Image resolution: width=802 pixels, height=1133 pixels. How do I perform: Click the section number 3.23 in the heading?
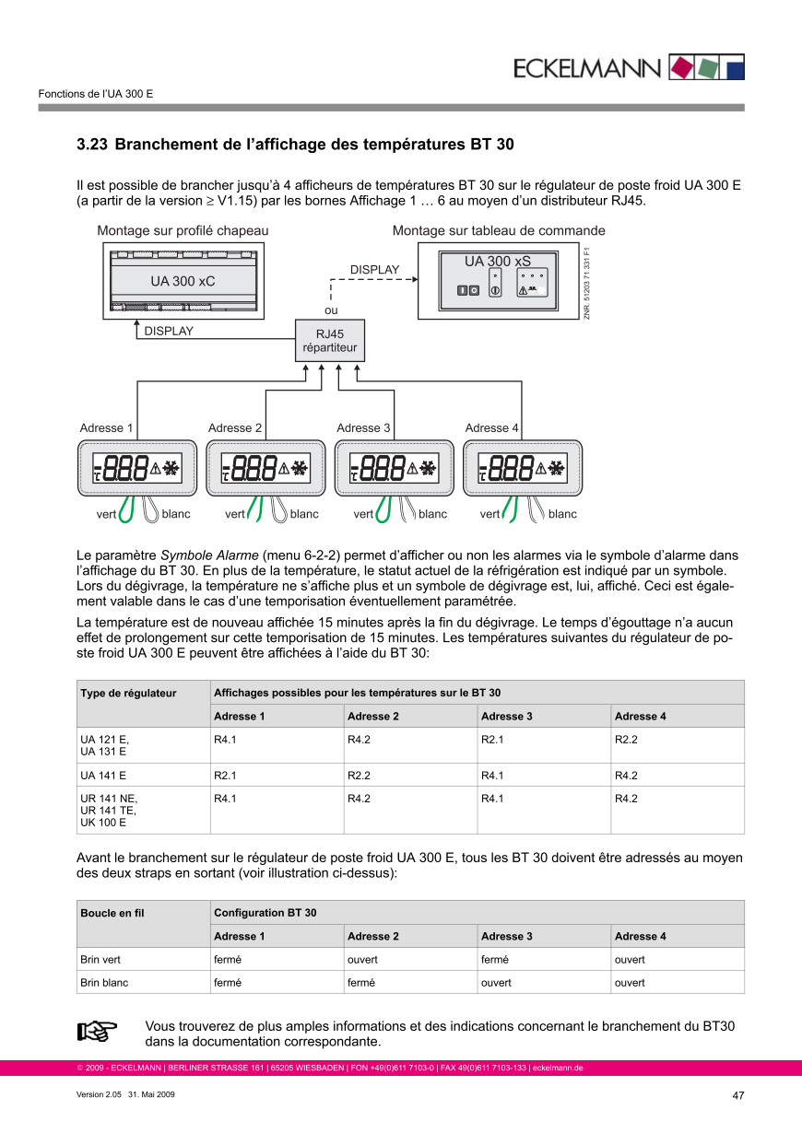[92, 145]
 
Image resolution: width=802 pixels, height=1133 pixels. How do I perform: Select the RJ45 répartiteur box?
[330, 342]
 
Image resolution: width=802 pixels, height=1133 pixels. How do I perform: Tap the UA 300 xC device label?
[183, 280]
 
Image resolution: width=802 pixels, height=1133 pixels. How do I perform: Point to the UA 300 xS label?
[498, 262]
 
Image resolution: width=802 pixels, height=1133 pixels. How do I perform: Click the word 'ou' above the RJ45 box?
[331, 310]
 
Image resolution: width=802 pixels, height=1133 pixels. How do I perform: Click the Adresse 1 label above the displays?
[106, 427]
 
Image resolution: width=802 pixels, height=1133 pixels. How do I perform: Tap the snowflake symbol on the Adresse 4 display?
[556, 468]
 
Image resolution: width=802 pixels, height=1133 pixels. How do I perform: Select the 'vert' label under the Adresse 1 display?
[106, 514]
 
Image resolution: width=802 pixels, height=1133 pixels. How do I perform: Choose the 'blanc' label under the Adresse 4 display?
[562, 514]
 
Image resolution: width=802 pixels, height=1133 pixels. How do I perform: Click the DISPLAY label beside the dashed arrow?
[375, 270]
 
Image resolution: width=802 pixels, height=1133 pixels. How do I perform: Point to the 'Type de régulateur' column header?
[128, 693]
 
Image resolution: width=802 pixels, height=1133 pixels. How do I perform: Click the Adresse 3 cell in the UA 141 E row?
[492, 776]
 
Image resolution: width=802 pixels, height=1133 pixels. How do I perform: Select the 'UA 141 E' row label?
[103, 776]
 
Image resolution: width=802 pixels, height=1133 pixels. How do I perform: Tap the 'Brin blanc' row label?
[104, 983]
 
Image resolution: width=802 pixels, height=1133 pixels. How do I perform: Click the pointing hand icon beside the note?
[97, 1031]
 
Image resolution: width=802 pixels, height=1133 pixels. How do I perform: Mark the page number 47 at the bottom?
[737, 1095]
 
